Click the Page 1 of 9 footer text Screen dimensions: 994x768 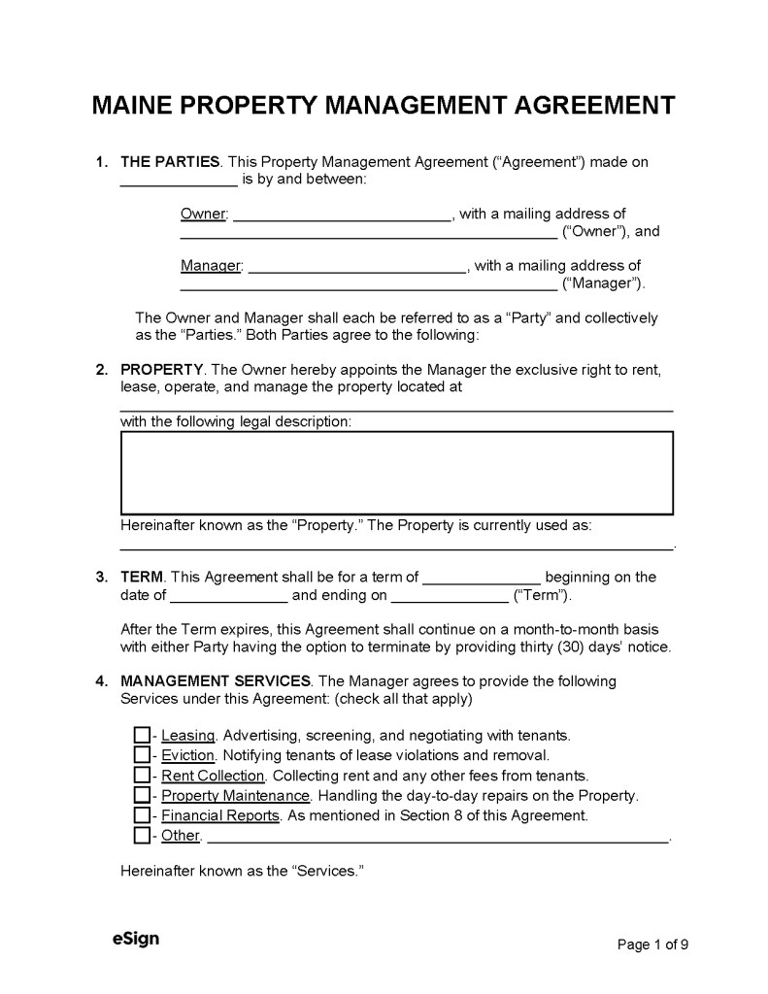(x=653, y=943)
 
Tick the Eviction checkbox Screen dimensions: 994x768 (x=142, y=754)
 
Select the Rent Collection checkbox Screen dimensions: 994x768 (x=142, y=775)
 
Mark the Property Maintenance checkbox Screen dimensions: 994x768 (x=142, y=795)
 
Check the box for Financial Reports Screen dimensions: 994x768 (x=142, y=815)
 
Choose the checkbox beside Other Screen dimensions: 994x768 (x=142, y=835)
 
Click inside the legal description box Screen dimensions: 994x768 (x=396, y=473)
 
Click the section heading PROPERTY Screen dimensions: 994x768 (x=161, y=370)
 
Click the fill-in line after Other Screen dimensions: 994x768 (x=438, y=838)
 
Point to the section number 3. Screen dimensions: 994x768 (x=101, y=578)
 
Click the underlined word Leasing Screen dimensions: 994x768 (x=187, y=735)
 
